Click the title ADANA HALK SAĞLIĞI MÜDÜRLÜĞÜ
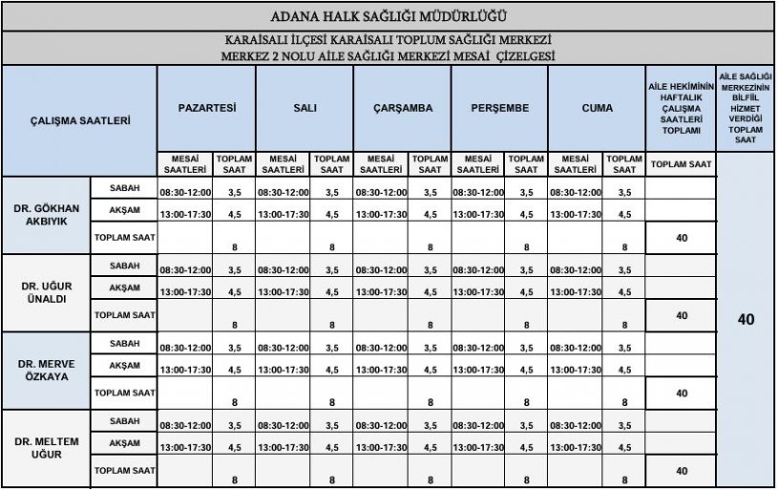pos(389,16)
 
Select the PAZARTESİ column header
pos(207,108)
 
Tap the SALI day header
pos(305,108)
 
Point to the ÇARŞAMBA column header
pos(402,108)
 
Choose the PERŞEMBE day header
pos(499,108)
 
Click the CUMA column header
pos(597,108)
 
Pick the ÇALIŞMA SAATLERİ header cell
pos(79,121)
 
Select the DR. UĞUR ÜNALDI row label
pos(46,291)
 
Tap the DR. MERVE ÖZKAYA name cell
pos(46,370)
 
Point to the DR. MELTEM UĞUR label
pos(46,448)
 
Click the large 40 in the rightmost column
pos(746,320)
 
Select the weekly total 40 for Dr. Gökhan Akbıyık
pos(681,236)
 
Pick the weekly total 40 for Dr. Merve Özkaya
pos(681,393)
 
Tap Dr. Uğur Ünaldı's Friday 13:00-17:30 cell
pos(576,291)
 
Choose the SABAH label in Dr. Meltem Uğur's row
pos(124,421)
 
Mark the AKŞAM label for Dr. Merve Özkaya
pos(124,365)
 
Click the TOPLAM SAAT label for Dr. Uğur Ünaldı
pos(124,313)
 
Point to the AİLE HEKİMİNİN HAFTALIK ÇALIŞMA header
pos(681,108)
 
